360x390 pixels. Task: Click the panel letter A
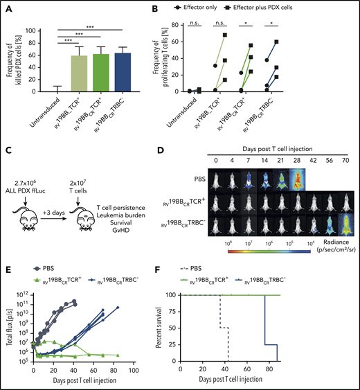7,6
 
